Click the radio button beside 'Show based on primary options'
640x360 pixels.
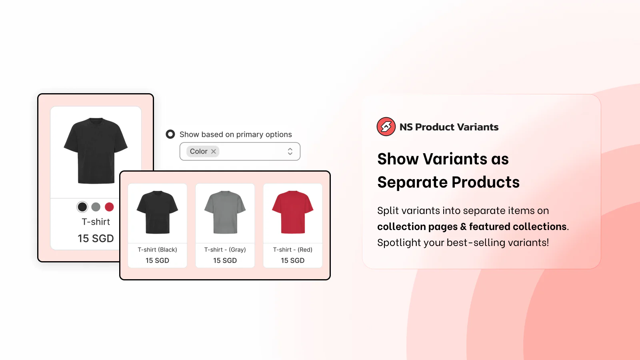[x=170, y=134]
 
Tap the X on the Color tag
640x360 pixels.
[x=214, y=152]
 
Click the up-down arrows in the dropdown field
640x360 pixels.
[x=290, y=152]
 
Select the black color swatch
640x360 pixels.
[x=82, y=207]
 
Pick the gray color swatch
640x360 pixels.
[x=96, y=207]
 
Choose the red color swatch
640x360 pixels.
[x=109, y=207]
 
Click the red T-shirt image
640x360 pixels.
[x=292, y=212]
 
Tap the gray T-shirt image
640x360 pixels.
[x=225, y=212]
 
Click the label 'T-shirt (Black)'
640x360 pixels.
[x=158, y=250]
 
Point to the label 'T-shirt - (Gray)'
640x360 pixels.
[x=225, y=250]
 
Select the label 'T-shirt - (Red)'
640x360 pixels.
[x=292, y=250]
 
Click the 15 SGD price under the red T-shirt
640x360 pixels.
[x=292, y=260]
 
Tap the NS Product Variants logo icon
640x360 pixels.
[x=386, y=126]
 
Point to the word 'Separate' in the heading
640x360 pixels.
[x=412, y=182]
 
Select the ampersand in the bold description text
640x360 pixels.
[x=463, y=226]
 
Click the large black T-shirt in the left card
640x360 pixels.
[x=96, y=150]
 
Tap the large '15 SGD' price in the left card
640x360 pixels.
[x=96, y=238]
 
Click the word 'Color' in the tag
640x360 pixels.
[x=198, y=152]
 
